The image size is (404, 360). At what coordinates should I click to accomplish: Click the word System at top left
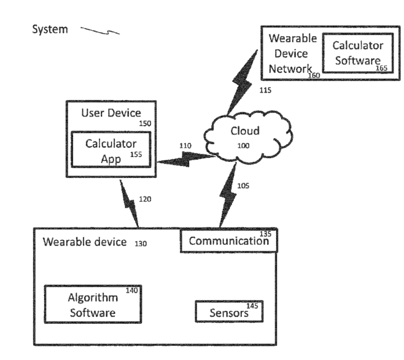[50, 29]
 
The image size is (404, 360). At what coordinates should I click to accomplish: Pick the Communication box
[228, 240]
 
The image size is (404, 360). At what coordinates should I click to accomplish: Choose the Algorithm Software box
[92, 305]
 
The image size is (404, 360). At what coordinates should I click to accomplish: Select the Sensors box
[228, 312]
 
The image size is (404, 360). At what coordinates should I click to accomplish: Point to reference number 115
[265, 90]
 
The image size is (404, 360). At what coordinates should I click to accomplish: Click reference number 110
[185, 145]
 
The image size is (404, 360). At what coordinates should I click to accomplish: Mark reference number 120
[144, 199]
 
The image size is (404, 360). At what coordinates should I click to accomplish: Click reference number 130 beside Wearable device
[141, 243]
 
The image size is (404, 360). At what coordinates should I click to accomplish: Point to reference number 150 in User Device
[145, 123]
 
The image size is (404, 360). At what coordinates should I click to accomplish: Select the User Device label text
[111, 113]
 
